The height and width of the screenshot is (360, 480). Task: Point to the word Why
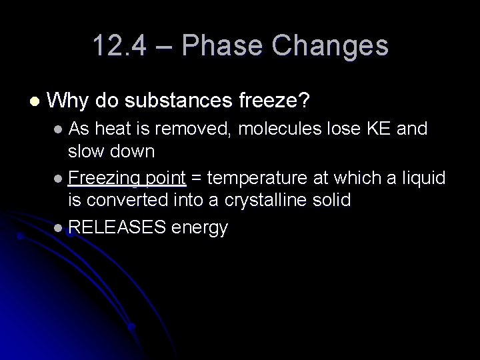(69, 101)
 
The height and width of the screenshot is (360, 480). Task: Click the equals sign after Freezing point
(198, 178)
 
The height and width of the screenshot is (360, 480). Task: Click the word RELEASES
(117, 228)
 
